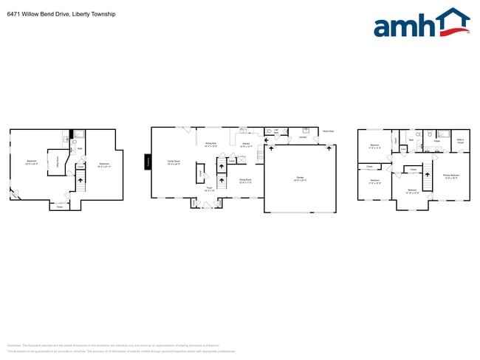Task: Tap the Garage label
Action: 300,178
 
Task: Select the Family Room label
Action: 174,163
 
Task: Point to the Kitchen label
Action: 247,144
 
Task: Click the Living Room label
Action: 210,144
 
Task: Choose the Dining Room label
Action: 245,180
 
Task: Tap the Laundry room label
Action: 302,136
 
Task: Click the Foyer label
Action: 210,188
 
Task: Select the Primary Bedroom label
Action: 450,176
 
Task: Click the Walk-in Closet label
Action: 460,141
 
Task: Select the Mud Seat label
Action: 328,131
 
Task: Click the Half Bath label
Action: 276,131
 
